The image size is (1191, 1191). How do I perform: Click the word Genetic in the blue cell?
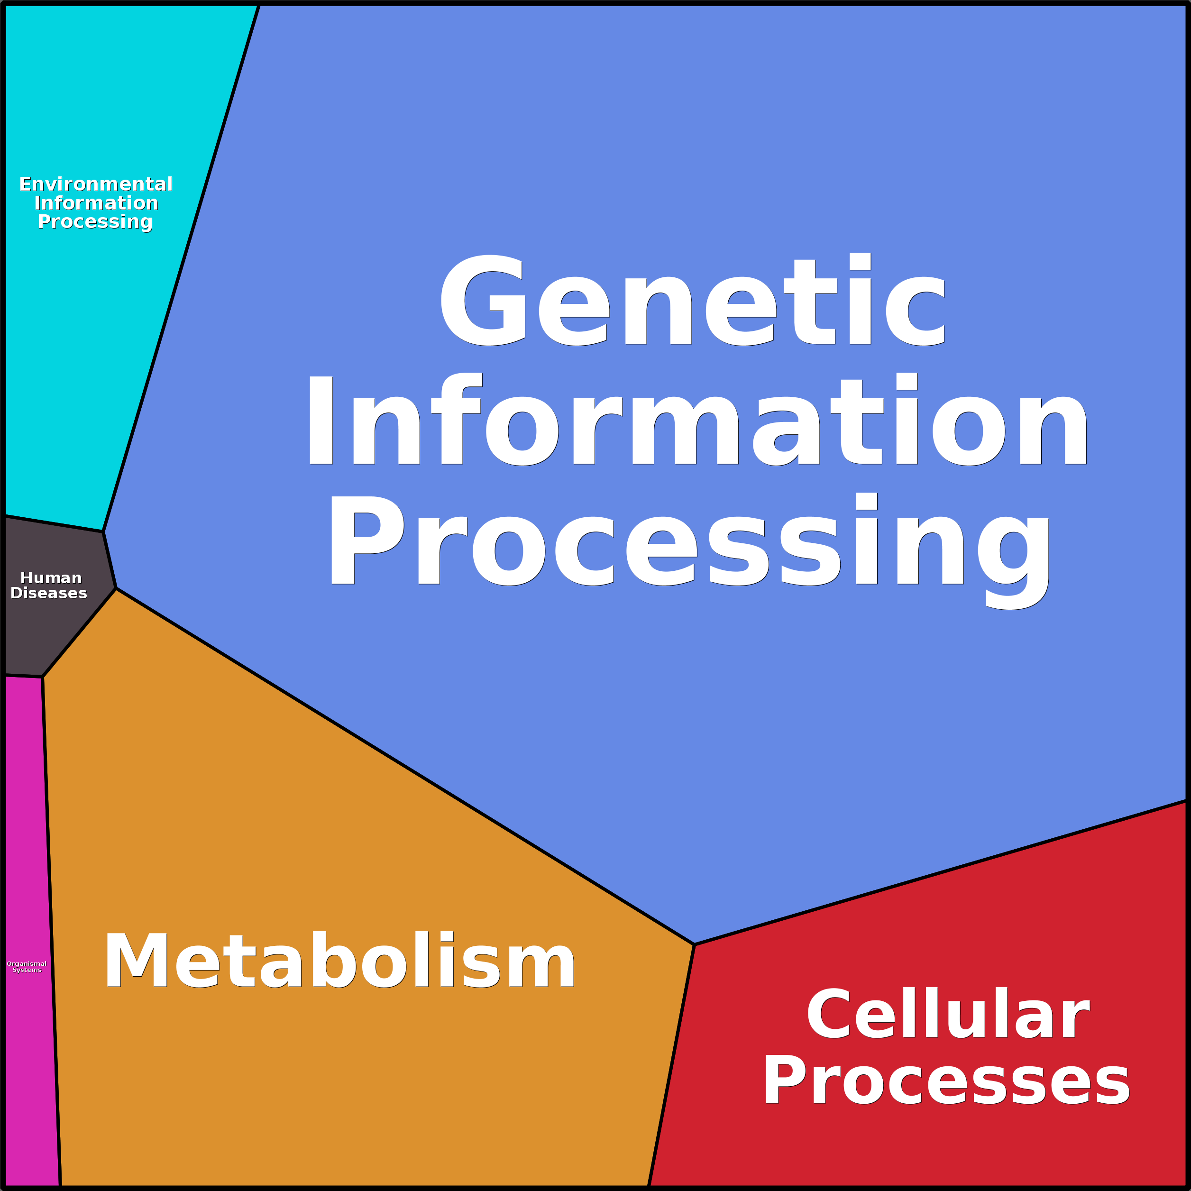[692, 300]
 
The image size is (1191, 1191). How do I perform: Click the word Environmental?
[96, 184]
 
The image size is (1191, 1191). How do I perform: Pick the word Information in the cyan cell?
[96, 203]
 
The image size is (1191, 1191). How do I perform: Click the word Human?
[51, 577]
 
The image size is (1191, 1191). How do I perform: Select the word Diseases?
[49, 593]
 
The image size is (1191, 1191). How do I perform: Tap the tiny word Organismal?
[27, 963]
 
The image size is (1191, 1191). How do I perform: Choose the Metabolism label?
[339, 961]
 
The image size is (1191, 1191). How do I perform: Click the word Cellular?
[948, 1014]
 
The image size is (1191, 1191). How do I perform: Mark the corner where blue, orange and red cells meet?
[694, 944]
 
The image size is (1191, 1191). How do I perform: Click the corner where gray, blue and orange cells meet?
[116, 588]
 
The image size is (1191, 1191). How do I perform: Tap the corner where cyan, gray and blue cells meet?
[103, 531]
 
